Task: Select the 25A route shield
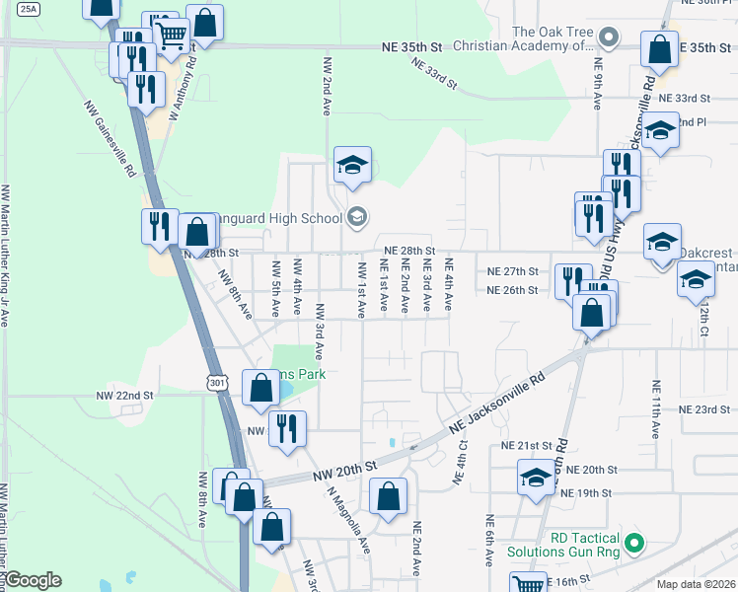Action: coord(30,9)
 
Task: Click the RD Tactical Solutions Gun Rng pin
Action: coord(636,542)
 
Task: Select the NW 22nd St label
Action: coord(125,395)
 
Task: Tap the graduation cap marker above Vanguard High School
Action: coord(352,166)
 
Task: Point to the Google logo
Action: coord(34,580)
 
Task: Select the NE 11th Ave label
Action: coord(655,408)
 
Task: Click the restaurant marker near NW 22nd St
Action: coord(287,430)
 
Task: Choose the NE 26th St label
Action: coord(513,290)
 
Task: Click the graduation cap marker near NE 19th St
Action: coord(536,481)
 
